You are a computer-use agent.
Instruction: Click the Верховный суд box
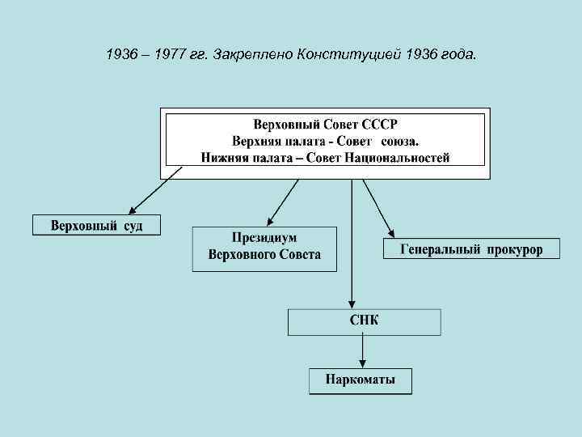coord(96,224)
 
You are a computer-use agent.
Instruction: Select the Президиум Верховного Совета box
coord(264,248)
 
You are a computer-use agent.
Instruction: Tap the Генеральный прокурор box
coord(471,248)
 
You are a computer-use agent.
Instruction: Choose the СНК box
coord(364,321)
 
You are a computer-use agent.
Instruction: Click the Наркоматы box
coord(361,380)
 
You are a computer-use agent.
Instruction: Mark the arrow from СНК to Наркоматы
coord(362,351)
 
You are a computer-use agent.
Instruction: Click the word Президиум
coord(264,239)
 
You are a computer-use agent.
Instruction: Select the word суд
coord(133,224)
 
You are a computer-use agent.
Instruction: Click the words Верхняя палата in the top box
coord(271,142)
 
